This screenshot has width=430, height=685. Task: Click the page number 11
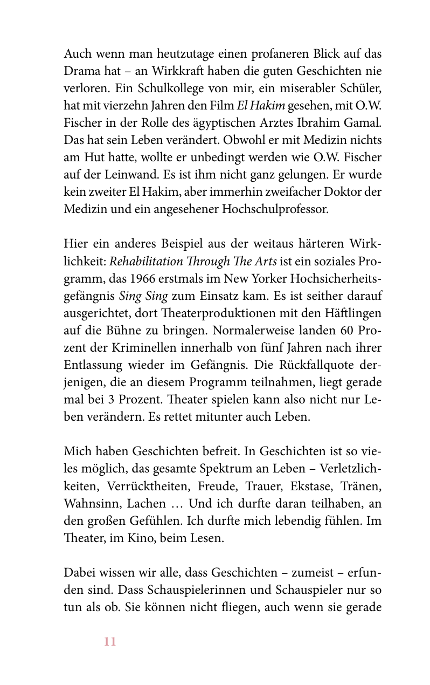pos(110,642)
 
